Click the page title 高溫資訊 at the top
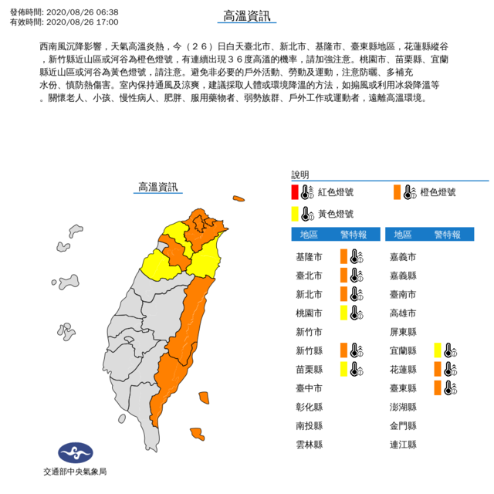(x=246, y=17)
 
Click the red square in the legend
(x=295, y=192)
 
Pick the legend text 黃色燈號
(x=337, y=213)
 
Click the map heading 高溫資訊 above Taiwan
(x=157, y=187)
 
